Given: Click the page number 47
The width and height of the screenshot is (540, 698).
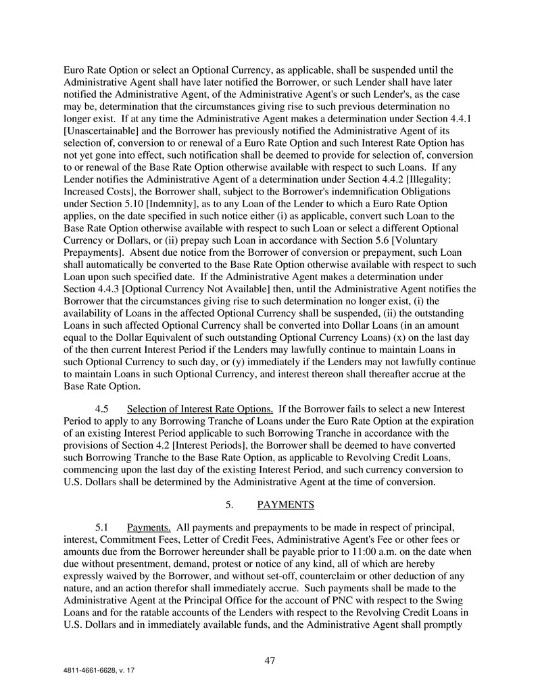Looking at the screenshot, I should click(x=270, y=661).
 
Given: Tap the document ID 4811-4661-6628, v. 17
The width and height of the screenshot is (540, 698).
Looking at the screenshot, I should click(x=100, y=673).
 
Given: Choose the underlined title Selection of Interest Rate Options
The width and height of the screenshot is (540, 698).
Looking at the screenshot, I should click(x=200, y=408).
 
